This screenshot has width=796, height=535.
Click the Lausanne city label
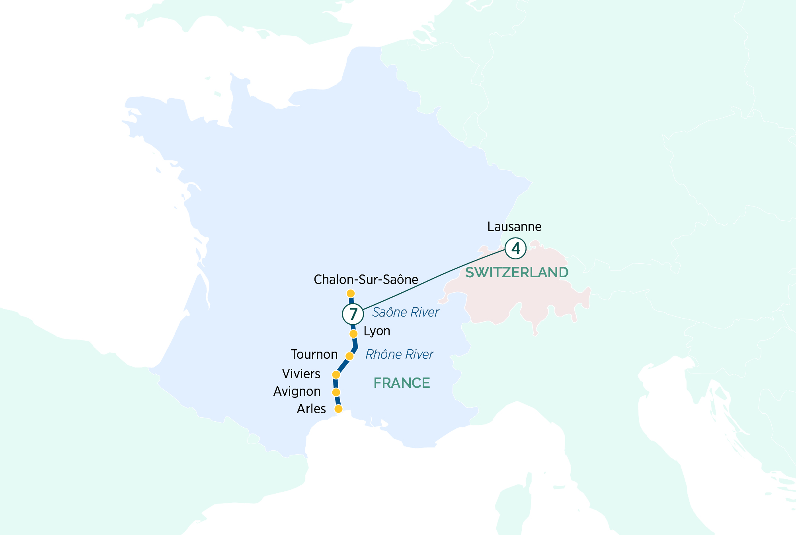pyautogui.click(x=514, y=227)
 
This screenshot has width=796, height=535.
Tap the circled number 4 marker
pyautogui.click(x=515, y=248)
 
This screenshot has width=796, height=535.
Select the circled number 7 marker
pyautogui.click(x=353, y=314)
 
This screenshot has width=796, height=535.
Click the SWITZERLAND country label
pyautogui.click(x=517, y=272)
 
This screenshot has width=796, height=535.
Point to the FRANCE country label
pyautogui.click(x=402, y=383)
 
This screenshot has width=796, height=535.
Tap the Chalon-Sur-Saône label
pyautogui.click(x=366, y=280)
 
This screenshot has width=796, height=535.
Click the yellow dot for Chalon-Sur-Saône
pyautogui.click(x=351, y=294)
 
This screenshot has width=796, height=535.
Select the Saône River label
pyautogui.click(x=405, y=312)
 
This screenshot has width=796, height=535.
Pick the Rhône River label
pyautogui.click(x=399, y=354)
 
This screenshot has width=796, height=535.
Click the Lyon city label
pyautogui.click(x=377, y=331)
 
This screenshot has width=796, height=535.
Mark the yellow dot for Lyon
pyautogui.click(x=353, y=333)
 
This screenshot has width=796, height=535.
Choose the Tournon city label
pyautogui.click(x=314, y=354)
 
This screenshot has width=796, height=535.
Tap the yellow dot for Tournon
pyautogui.click(x=349, y=356)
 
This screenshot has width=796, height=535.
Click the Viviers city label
pyautogui.click(x=301, y=374)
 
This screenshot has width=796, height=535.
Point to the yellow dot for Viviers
pyautogui.click(x=336, y=375)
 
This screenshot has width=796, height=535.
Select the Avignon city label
pyautogui.click(x=297, y=391)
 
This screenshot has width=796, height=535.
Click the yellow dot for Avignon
pyautogui.click(x=336, y=393)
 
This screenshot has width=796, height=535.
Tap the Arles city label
pyautogui.click(x=311, y=409)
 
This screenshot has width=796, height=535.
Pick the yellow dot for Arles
pyautogui.click(x=338, y=409)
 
